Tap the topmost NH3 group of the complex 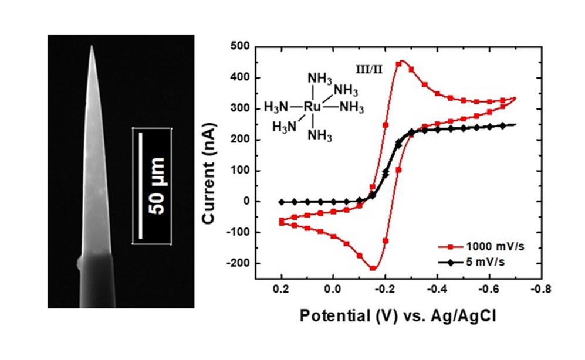pos(320,78)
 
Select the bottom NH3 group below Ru pos(320,136)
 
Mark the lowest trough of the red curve pos(373,269)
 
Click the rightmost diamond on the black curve pos(503,125)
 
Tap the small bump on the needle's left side pos(79,264)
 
